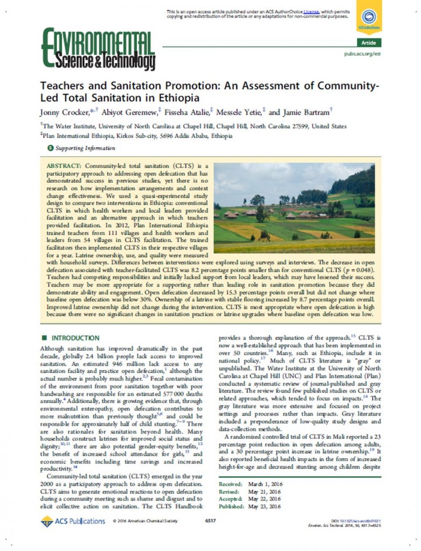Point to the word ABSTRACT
click(x=62, y=166)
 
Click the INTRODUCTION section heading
click(x=76, y=338)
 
